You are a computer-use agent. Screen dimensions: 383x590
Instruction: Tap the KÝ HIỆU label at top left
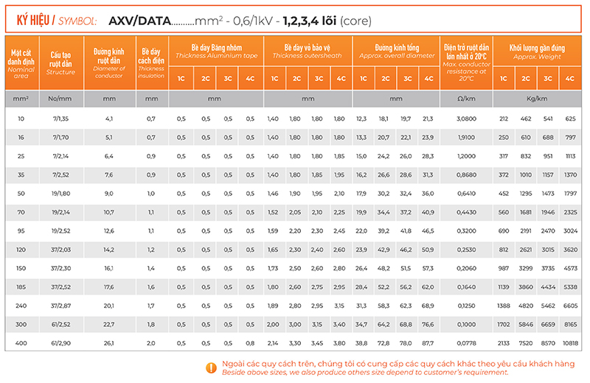pos(35,20)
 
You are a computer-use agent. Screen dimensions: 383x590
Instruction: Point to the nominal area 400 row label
pos(21,343)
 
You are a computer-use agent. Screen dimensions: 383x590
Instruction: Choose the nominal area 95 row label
pos(21,231)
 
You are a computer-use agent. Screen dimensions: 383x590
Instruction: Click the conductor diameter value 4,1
pos(109,119)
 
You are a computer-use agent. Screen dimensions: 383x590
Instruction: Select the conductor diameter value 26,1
pos(109,343)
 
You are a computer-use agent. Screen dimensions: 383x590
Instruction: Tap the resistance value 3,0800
pos(466,119)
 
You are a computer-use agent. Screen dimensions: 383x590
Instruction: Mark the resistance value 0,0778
pos(466,343)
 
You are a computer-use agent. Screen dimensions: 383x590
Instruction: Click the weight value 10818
pos(569,343)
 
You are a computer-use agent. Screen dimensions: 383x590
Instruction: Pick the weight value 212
pos(504,119)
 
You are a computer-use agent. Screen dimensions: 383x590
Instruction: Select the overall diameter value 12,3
pos(361,119)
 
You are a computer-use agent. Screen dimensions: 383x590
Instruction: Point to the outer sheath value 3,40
pos(339,325)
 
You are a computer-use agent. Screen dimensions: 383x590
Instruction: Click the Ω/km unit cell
pos(466,98)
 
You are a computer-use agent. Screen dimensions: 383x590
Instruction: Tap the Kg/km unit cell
pos(536,98)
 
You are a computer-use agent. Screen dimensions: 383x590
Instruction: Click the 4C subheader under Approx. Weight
pos(569,78)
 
